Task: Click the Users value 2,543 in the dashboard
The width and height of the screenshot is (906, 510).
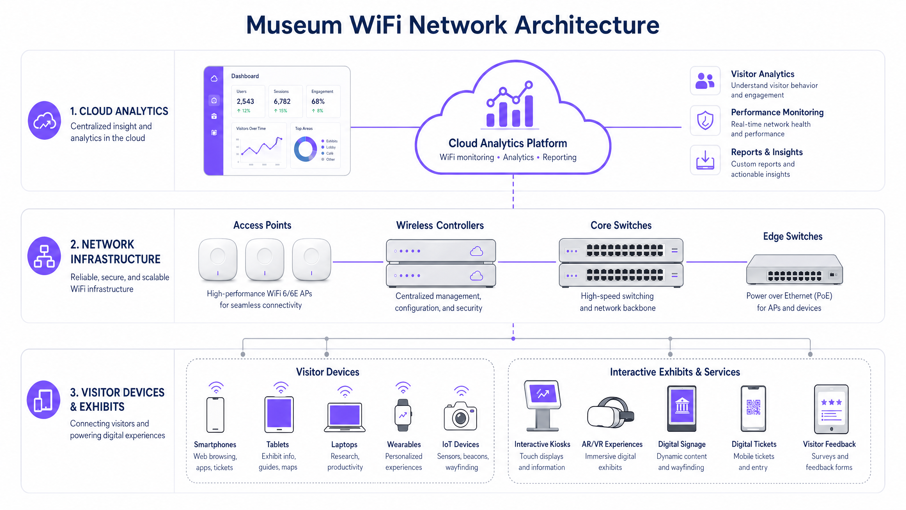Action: coord(245,101)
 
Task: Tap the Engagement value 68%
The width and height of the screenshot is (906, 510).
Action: coord(318,101)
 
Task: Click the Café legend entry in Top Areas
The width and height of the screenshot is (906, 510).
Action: coord(329,153)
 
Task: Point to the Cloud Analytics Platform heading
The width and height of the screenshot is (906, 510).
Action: coord(508,143)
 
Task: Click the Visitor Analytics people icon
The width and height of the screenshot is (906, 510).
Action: coord(705,81)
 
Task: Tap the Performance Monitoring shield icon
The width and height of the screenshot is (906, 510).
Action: coord(705,120)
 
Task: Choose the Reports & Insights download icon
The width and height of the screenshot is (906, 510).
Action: coord(705,160)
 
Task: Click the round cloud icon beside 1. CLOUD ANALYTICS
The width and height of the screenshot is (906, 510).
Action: coord(45,120)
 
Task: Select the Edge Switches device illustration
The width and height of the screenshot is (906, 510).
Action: coord(794,270)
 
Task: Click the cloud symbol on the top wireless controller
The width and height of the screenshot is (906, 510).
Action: coord(476,251)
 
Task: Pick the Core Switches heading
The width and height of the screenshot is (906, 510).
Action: coord(621,225)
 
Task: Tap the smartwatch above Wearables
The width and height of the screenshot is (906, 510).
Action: coord(403,415)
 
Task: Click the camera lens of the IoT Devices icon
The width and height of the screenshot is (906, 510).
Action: coord(460,418)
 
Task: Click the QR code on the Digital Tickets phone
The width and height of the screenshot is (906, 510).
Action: coord(753,407)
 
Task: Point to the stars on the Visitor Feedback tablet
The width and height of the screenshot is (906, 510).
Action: coord(831,402)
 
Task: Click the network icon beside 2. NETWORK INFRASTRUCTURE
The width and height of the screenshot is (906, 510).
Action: coord(45,256)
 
